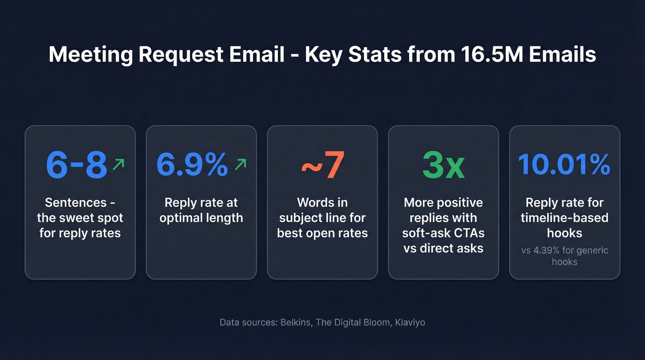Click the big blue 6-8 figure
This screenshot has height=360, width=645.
tap(76, 165)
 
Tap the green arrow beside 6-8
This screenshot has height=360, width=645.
tap(118, 164)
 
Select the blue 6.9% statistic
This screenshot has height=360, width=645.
tap(192, 165)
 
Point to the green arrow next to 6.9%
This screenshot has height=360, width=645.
tap(240, 164)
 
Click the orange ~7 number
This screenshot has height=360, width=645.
tap(322, 165)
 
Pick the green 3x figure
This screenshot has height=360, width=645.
tap(443, 165)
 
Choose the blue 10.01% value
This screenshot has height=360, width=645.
tap(564, 165)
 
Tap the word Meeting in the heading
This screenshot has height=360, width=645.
tap(90, 54)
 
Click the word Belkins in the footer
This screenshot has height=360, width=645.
tap(295, 322)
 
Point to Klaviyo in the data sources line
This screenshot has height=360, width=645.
tap(410, 322)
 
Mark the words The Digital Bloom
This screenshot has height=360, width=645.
tap(352, 322)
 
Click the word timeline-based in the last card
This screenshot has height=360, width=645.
tap(564, 218)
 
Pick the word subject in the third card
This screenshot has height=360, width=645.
tap(300, 218)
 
